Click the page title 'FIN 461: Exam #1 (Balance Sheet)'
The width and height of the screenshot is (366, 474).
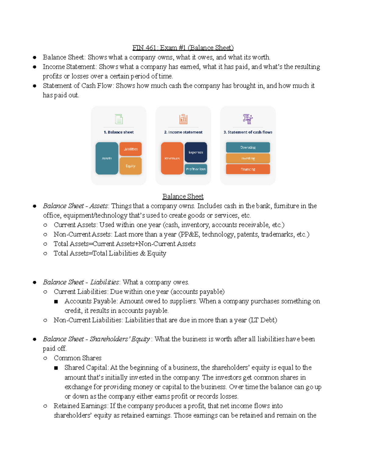click(x=183, y=48)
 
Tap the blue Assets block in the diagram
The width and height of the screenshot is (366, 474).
click(x=107, y=158)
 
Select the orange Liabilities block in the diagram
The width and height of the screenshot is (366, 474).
click(x=131, y=149)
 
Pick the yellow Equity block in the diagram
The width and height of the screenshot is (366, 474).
click(x=131, y=166)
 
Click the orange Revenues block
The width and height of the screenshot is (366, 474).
click(x=172, y=158)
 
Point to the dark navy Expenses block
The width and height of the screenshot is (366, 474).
click(x=196, y=152)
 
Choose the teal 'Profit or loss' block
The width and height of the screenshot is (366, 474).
click(x=196, y=169)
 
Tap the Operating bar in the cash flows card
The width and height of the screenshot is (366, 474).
click(x=248, y=147)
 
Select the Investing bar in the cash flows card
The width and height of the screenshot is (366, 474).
click(x=248, y=158)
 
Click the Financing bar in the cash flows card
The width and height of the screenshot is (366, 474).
click(x=248, y=169)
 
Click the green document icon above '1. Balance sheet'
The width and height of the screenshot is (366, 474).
click(x=119, y=119)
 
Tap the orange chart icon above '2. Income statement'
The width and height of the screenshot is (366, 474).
click(x=183, y=119)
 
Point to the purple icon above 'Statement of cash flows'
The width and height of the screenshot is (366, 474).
click(x=248, y=119)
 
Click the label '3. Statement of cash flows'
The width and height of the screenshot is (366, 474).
click(x=248, y=132)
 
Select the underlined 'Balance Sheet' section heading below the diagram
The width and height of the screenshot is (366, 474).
click(x=183, y=196)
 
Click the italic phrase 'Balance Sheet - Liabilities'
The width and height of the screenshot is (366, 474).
click(x=81, y=282)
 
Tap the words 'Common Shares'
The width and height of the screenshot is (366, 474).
click(x=77, y=358)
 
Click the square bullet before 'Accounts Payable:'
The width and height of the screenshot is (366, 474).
click(x=56, y=302)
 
